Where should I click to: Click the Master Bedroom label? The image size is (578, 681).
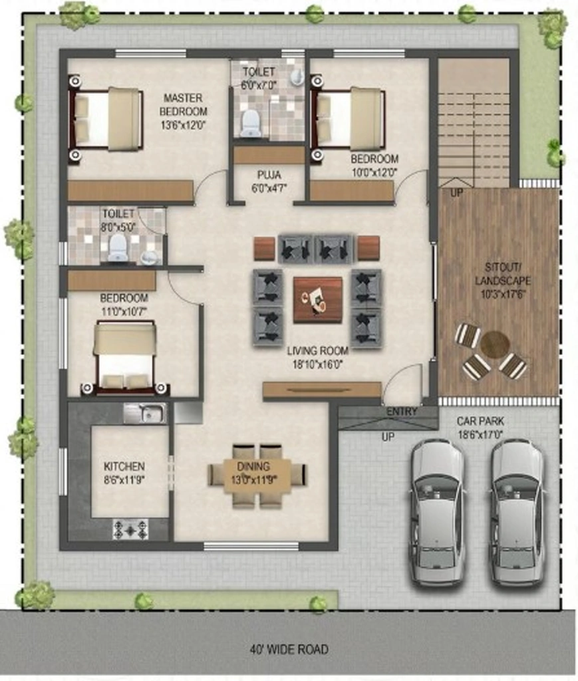(183, 104)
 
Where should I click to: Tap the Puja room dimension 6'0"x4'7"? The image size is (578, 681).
(269, 188)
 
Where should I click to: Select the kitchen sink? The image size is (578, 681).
(145, 413)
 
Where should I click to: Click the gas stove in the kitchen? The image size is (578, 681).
(130, 529)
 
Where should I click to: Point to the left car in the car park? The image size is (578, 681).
(438, 513)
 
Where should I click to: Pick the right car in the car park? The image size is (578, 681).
(517, 513)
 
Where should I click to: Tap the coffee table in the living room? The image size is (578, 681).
(318, 300)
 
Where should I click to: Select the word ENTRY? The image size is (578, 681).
(402, 411)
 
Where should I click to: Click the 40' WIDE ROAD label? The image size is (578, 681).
(289, 649)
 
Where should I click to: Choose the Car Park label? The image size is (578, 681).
(480, 421)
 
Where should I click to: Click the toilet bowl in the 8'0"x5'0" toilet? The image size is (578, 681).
(118, 248)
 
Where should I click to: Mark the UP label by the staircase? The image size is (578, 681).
(456, 192)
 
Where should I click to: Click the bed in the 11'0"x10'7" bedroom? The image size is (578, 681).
(125, 358)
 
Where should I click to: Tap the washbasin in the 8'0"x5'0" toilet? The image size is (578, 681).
(150, 257)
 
